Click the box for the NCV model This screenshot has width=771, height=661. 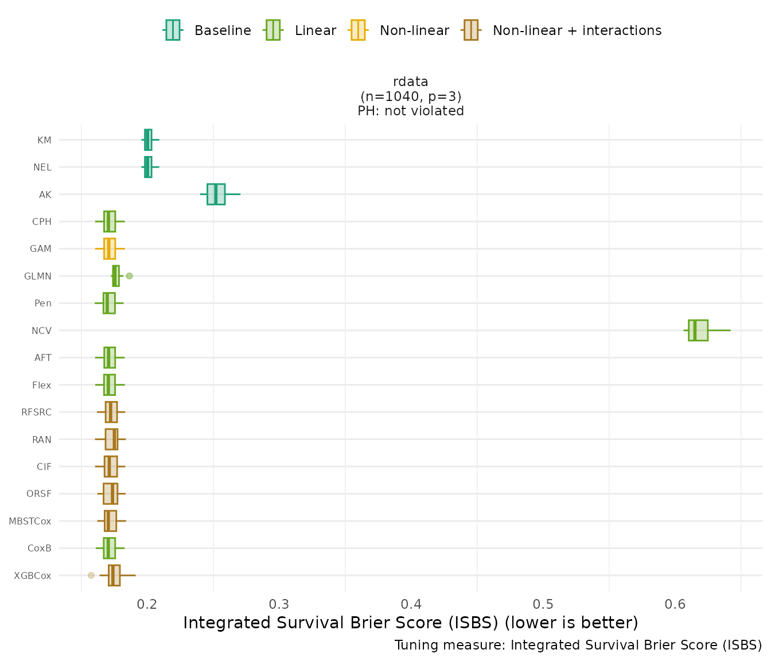[x=698, y=330]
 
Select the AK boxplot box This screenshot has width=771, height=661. [x=216, y=195]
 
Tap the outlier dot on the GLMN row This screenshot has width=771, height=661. [x=129, y=276]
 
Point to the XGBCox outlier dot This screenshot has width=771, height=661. [x=91, y=575]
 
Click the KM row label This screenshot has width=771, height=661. [x=44, y=140]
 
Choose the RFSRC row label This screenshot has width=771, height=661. [x=36, y=412]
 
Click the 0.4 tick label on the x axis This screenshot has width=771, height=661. [x=411, y=604]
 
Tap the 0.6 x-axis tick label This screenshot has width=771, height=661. [x=675, y=604]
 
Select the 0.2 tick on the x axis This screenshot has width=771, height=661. [x=147, y=604]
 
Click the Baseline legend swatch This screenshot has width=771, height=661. [x=173, y=30]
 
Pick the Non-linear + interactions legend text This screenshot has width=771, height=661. [x=577, y=30]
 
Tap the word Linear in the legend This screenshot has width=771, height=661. [x=315, y=30]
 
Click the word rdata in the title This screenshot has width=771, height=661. [x=411, y=81]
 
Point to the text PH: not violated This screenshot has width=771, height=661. [x=411, y=111]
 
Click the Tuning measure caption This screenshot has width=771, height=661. [x=578, y=645]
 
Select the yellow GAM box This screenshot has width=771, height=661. [x=110, y=249]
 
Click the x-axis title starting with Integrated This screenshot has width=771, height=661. [x=411, y=623]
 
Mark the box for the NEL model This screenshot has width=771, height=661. [x=148, y=167]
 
